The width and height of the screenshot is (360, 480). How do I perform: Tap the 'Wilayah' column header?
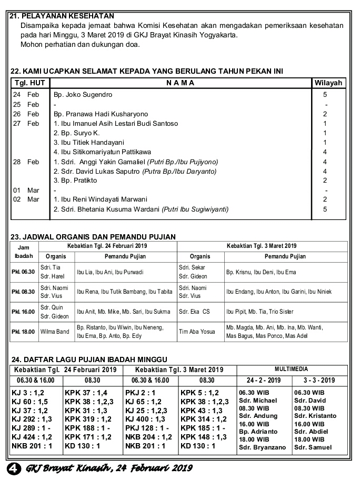tap(328, 83)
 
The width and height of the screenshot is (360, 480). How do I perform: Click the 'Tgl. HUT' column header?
tap(29, 83)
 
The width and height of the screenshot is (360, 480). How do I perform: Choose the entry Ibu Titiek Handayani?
tap(89, 142)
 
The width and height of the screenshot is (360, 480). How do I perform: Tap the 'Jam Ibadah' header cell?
tap(23, 251)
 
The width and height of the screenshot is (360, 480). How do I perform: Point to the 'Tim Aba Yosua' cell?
tap(197, 332)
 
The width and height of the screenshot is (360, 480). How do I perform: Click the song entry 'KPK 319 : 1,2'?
tap(88, 419)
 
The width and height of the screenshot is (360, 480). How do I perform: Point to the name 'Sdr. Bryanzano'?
tap(262, 447)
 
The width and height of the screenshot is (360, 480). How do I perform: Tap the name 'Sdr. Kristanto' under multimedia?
tap(315, 416)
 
